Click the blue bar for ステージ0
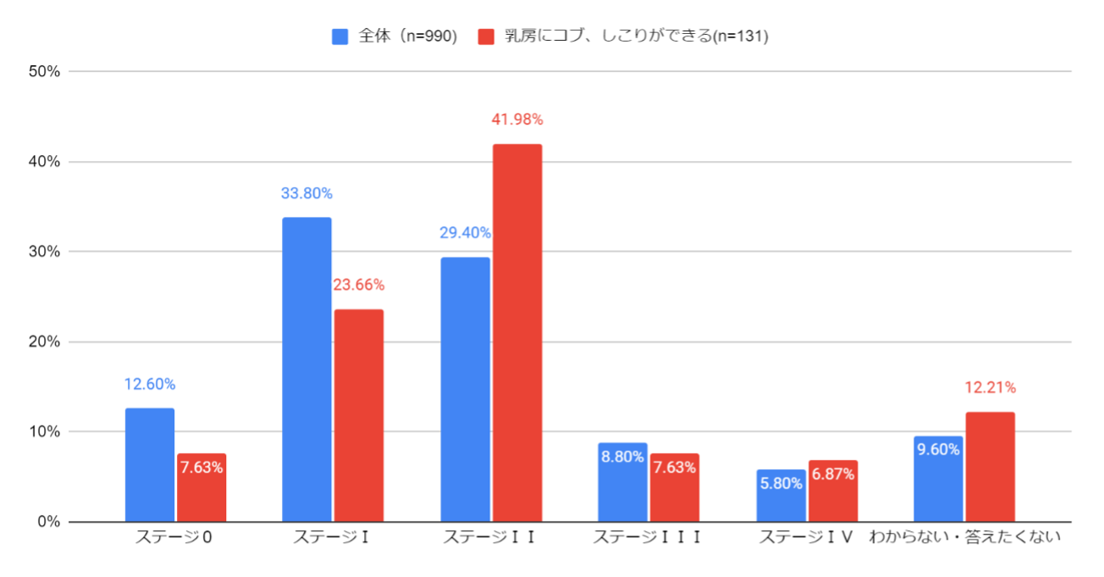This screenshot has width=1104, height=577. pyautogui.click(x=150, y=465)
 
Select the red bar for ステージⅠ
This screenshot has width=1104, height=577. pyautogui.click(x=359, y=415)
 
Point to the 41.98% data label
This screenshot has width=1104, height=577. pyautogui.click(x=517, y=119)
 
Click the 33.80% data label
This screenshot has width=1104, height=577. pyautogui.click(x=306, y=193)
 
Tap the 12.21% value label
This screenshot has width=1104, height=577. pyautogui.click(x=990, y=388)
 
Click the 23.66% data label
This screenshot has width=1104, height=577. pyautogui.click(x=359, y=285)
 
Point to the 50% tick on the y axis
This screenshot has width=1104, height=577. pyautogui.click(x=44, y=71)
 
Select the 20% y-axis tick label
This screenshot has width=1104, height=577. pyautogui.click(x=44, y=341)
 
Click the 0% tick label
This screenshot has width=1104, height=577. pyautogui.click(x=47, y=522)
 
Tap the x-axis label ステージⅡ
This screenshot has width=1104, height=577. pyautogui.click(x=490, y=538)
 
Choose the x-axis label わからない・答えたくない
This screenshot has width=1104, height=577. pyautogui.click(x=965, y=538)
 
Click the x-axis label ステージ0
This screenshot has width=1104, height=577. pyautogui.click(x=174, y=538)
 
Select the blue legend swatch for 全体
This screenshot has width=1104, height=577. pyautogui.click(x=340, y=36)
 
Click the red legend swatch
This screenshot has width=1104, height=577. pyautogui.click(x=486, y=36)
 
